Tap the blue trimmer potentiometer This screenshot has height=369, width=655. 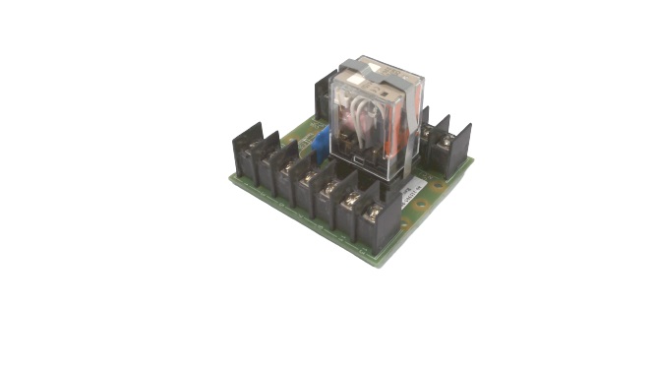[321, 143]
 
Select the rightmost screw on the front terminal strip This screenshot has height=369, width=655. [375, 210]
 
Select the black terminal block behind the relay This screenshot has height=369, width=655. [323, 99]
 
